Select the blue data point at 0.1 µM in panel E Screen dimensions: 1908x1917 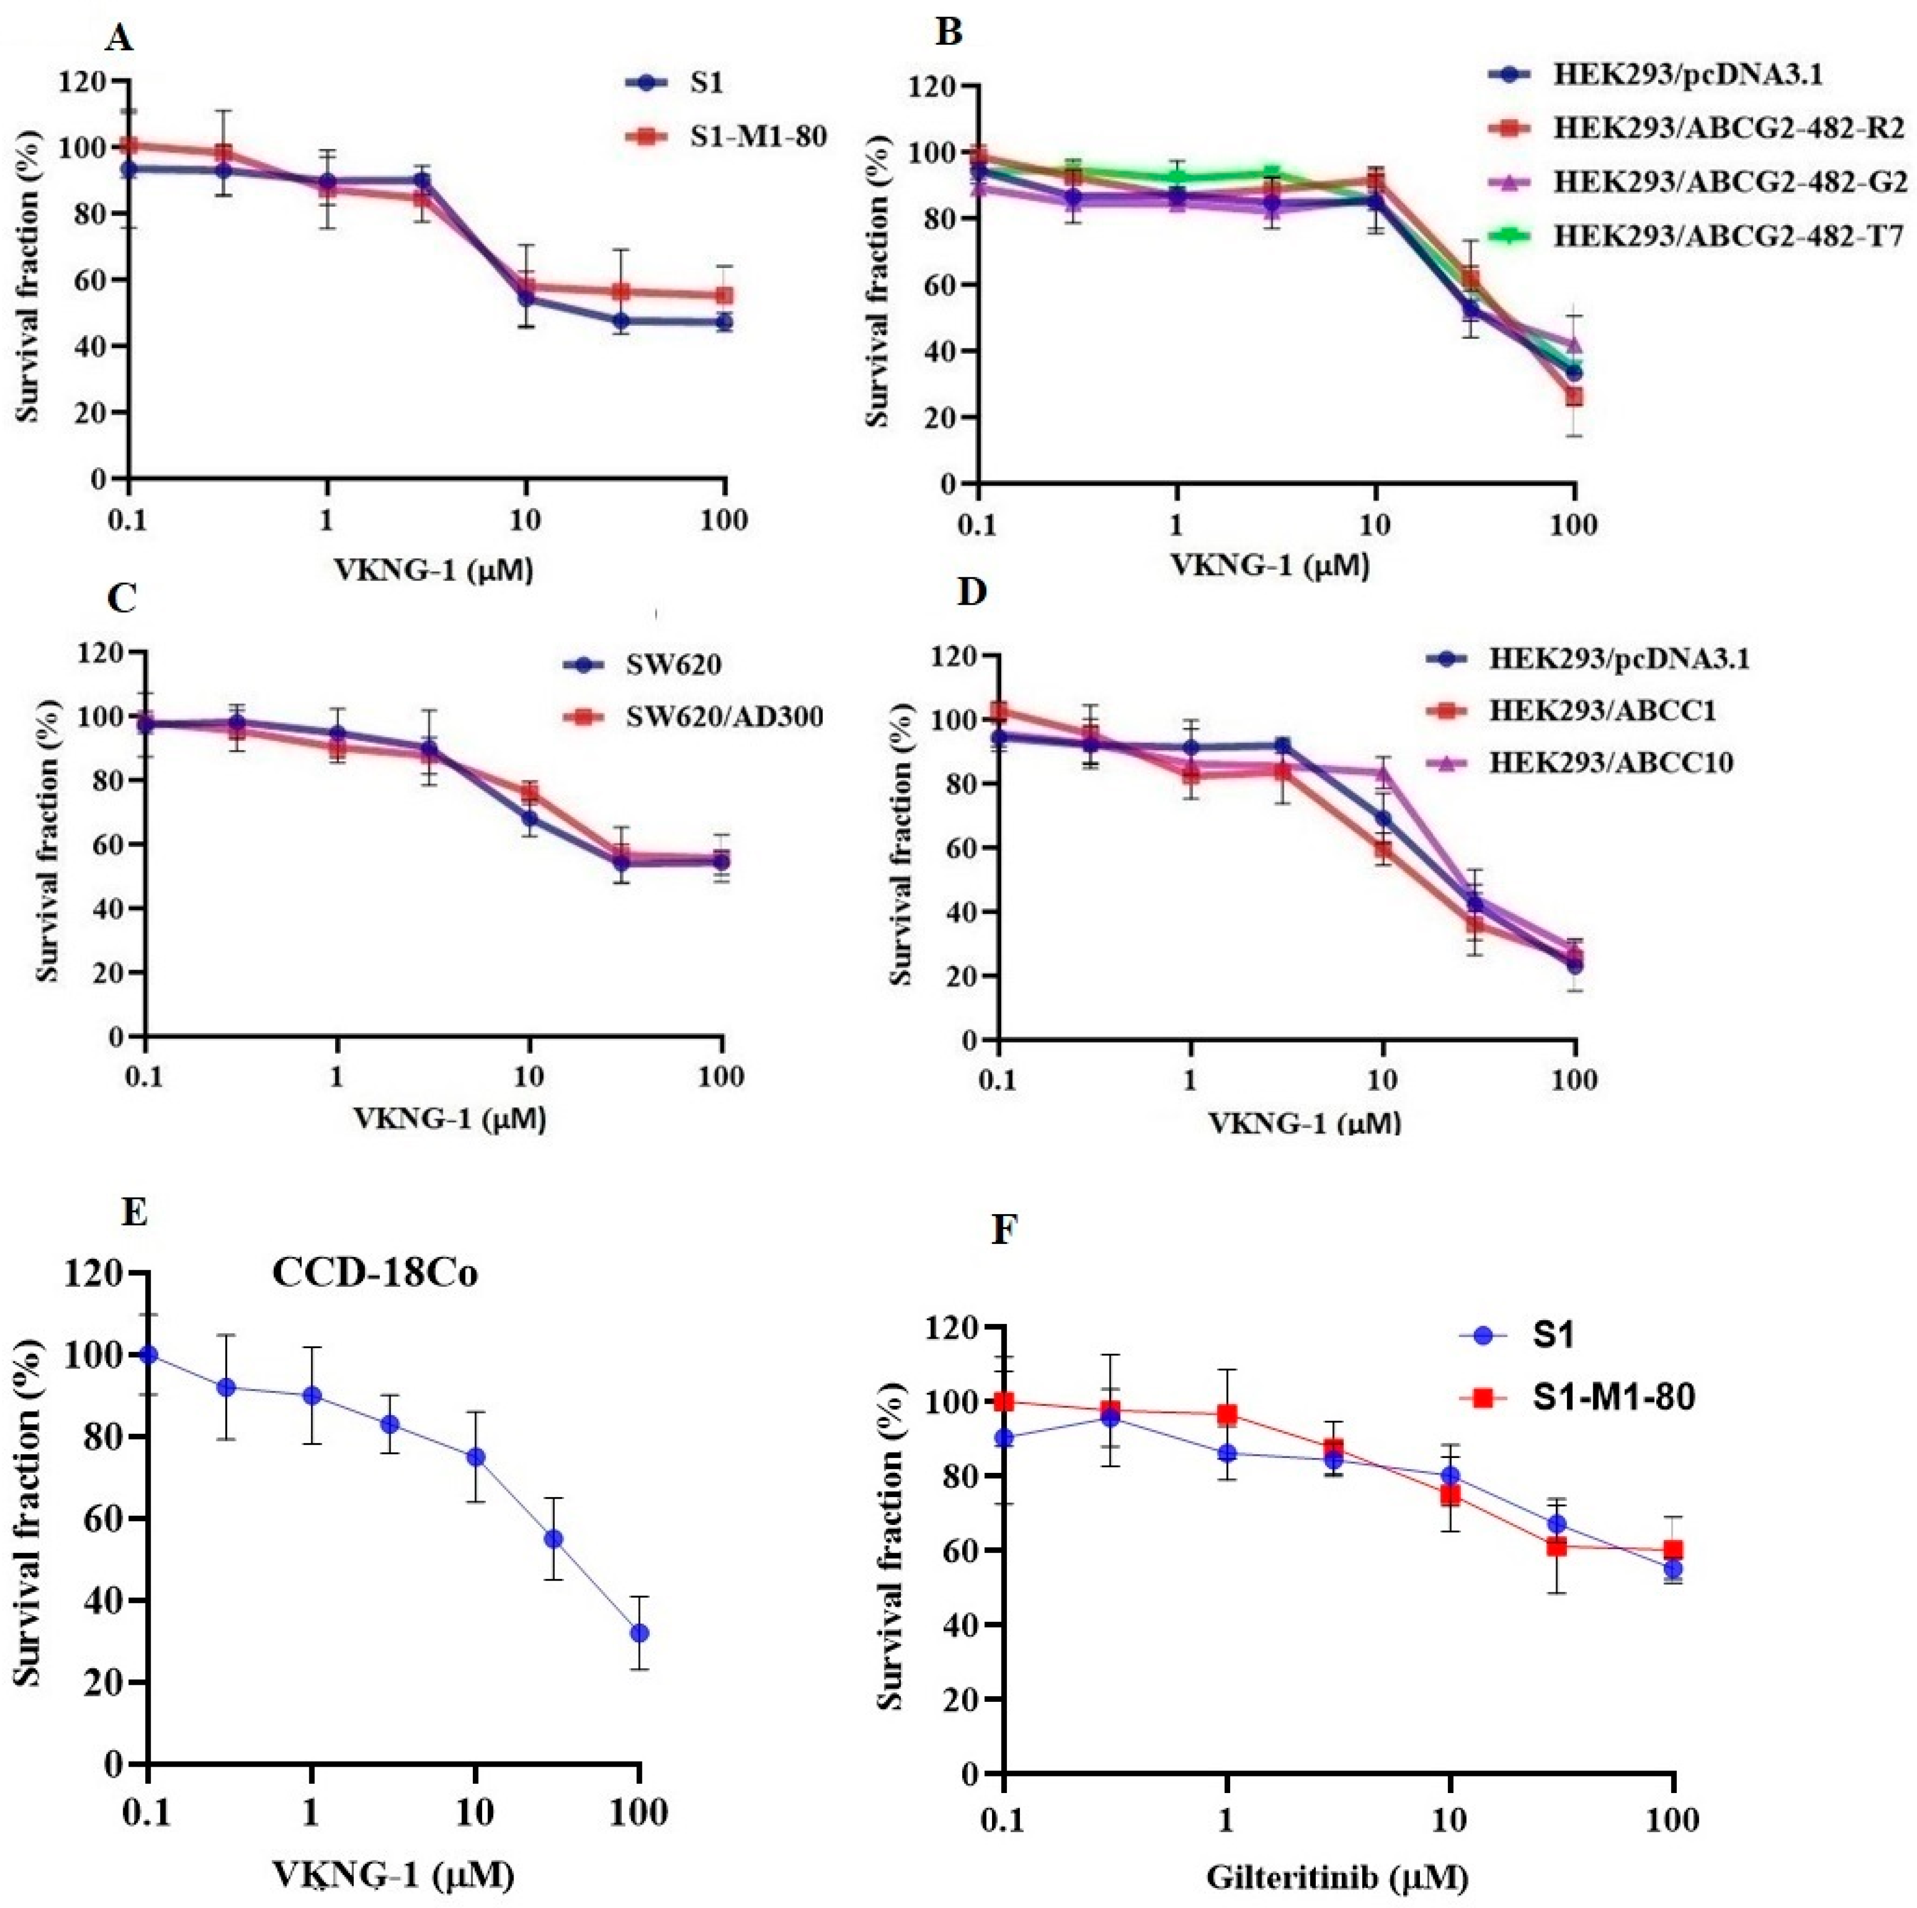pyautogui.click(x=149, y=1354)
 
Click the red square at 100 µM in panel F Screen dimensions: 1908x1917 pyautogui.click(x=1674, y=1550)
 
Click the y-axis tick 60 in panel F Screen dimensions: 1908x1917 pyautogui.click(x=961, y=1550)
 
